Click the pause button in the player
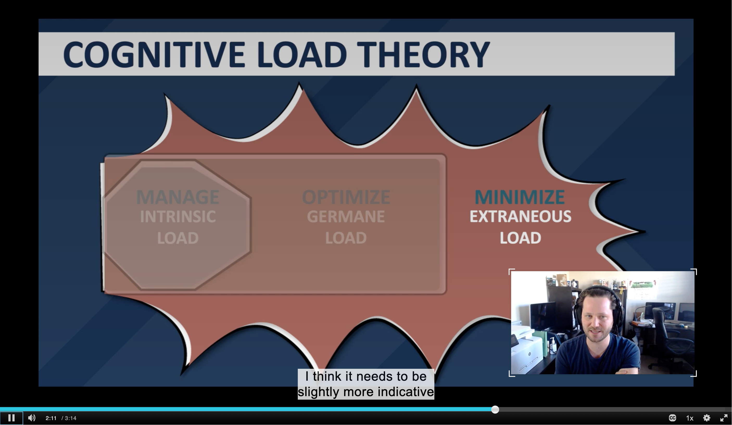coord(11,418)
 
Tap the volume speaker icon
coord(32,418)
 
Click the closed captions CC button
coord(672,418)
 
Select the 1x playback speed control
coord(690,418)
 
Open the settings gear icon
coord(707,418)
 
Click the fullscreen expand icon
coord(724,418)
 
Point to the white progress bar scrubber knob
coord(495,410)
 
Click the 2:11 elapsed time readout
coord(51,418)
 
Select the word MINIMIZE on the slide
coord(520,197)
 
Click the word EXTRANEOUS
coord(521,217)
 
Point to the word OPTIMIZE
coord(346,197)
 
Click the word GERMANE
coord(346,217)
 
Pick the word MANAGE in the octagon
coord(178,197)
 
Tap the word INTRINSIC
coord(178,217)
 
